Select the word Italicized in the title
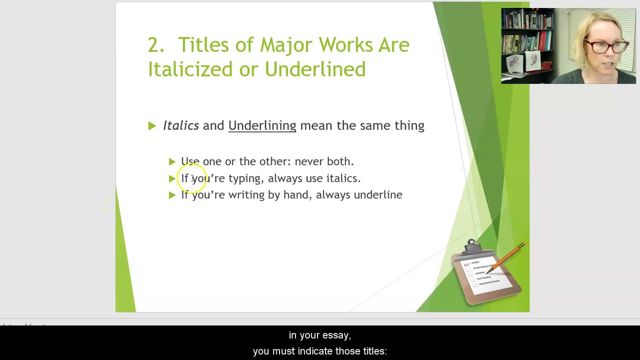click(190, 69)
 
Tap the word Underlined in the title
click(315, 69)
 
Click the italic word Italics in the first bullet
click(180, 125)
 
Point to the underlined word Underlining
click(262, 125)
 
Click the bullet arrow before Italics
click(152, 126)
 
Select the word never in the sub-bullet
click(308, 161)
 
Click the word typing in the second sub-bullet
click(245, 178)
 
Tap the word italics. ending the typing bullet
click(343, 178)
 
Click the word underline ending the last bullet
click(377, 195)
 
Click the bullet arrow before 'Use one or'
click(172, 161)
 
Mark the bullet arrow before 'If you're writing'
click(172, 195)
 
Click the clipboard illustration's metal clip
click(471, 246)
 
